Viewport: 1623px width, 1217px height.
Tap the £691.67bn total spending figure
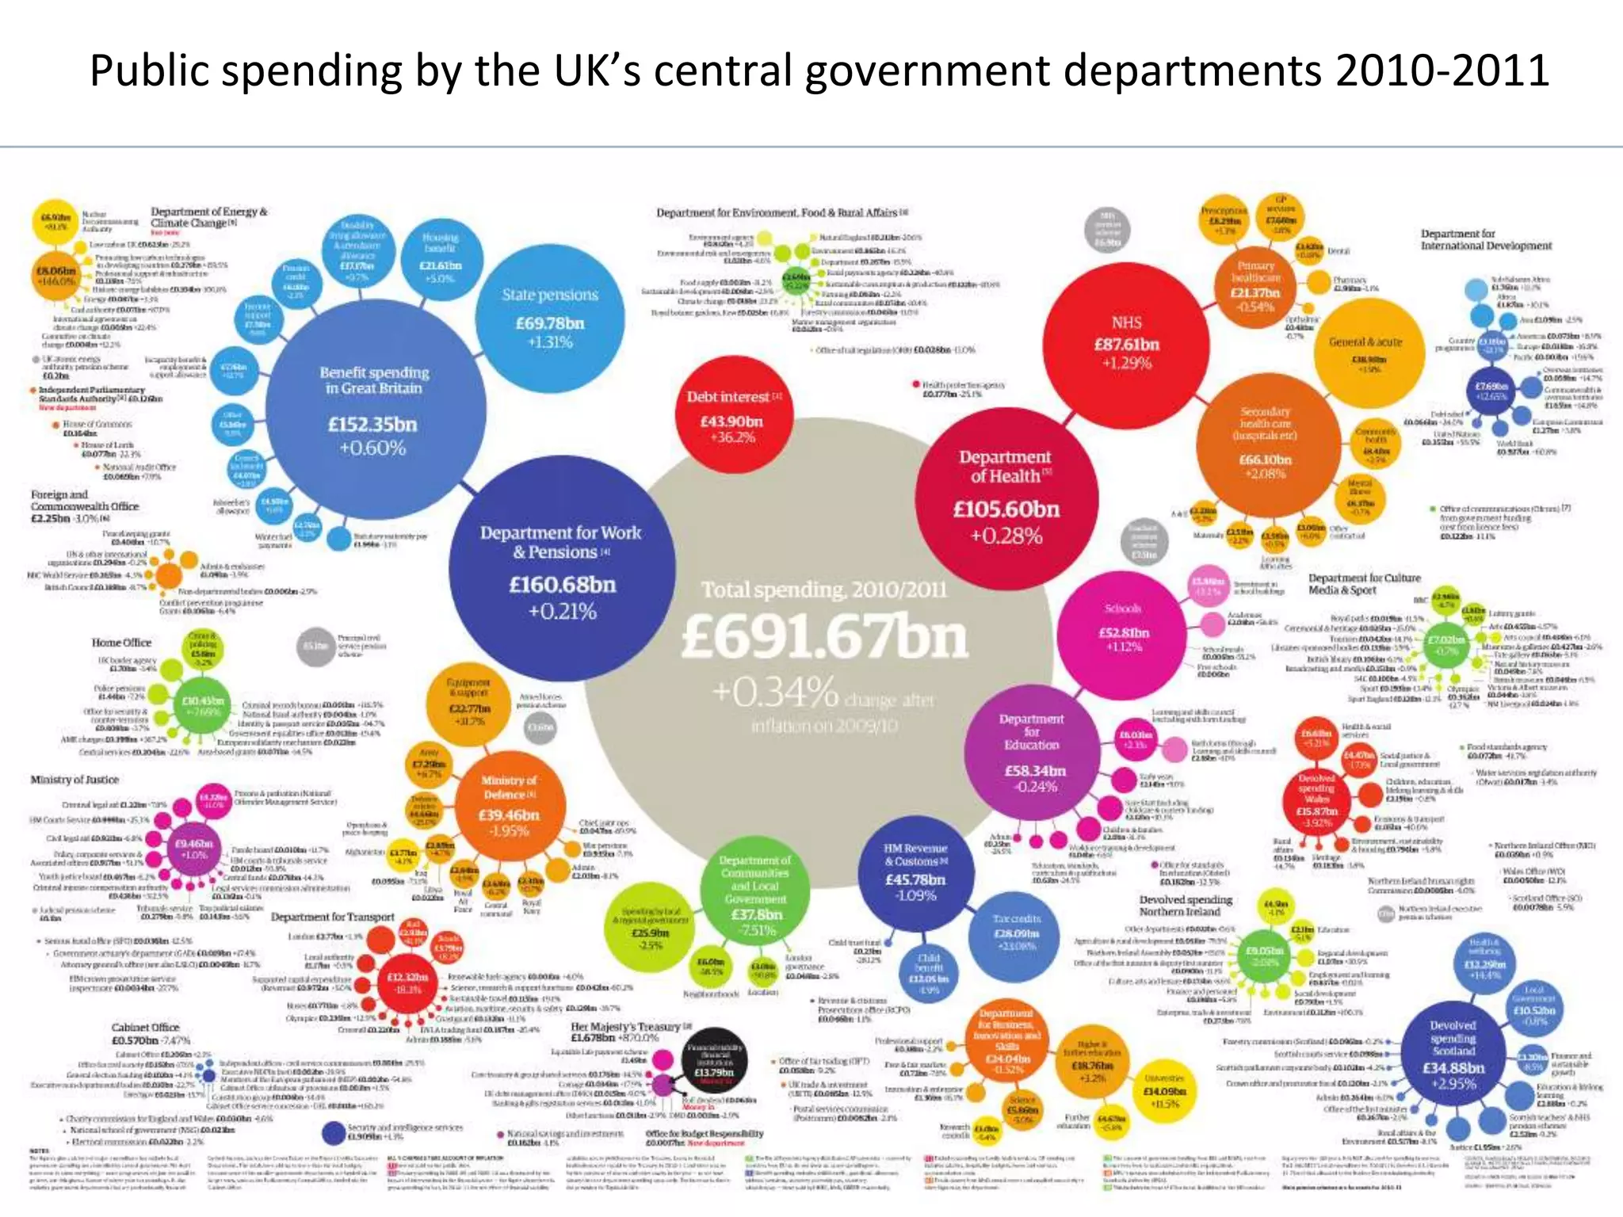(824, 638)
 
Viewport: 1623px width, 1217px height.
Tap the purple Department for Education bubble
(1031, 753)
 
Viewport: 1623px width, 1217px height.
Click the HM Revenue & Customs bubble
(915, 872)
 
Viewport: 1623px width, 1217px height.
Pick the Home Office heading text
(121, 643)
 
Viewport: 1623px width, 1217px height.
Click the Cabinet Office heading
(145, 1028)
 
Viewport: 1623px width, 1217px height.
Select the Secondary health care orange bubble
(1266, 444)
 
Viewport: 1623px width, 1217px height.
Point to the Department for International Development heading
(1485, 240)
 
